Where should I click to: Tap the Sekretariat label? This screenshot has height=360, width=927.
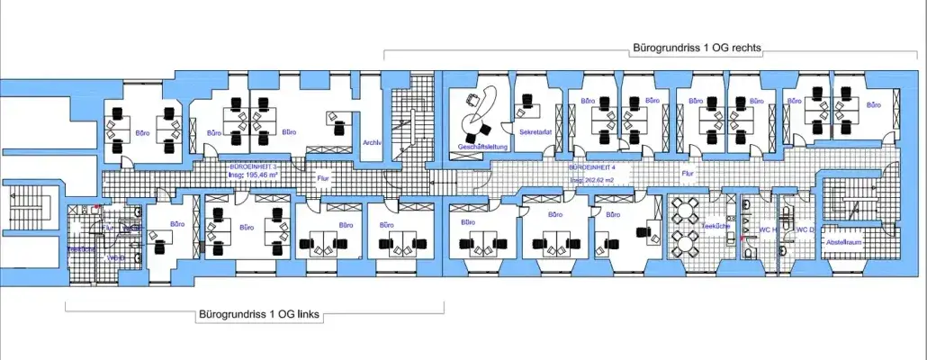[x=534, y=131]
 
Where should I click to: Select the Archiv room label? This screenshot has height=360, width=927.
[x=373, y=142]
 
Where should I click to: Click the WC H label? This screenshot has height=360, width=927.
[x=767, y=229]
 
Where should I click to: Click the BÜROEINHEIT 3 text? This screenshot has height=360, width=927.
[x=247, y=167]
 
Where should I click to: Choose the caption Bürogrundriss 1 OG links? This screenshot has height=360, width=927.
[x=258, y=315]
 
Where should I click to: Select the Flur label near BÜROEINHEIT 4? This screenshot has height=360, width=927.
[x=688, y=173]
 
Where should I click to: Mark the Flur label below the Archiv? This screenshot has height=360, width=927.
[x=323, y=178]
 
